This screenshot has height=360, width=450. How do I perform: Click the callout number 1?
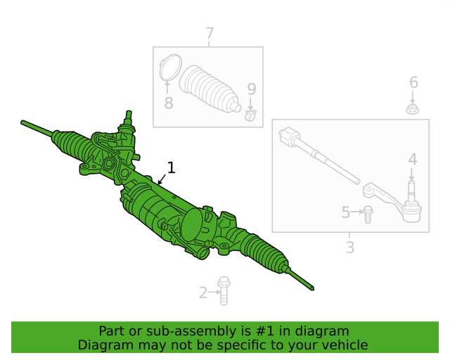[171, 167]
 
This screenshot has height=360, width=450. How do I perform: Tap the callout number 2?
[203, 292]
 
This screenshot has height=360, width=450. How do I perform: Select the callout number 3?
[350, 247]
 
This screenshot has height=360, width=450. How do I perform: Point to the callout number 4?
[413, 159]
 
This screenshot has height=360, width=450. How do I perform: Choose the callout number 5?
[346, 212]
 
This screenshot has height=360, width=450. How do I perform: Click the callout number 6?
[413, 82]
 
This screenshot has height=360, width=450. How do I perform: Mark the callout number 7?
[210, 33]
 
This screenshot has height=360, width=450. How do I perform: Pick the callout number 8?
[169, 103]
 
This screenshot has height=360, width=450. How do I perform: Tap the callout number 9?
[252, 89]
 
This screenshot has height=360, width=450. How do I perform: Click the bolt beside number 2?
[224, 290]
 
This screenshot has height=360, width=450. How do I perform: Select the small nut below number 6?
[413, 110]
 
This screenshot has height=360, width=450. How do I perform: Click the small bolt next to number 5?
[368, 214]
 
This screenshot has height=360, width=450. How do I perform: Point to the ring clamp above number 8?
[170, 67]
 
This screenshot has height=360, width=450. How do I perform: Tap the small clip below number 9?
[250, 115]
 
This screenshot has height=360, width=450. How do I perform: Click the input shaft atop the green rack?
[129, 117]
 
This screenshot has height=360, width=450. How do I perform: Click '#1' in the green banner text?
[264, 331]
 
